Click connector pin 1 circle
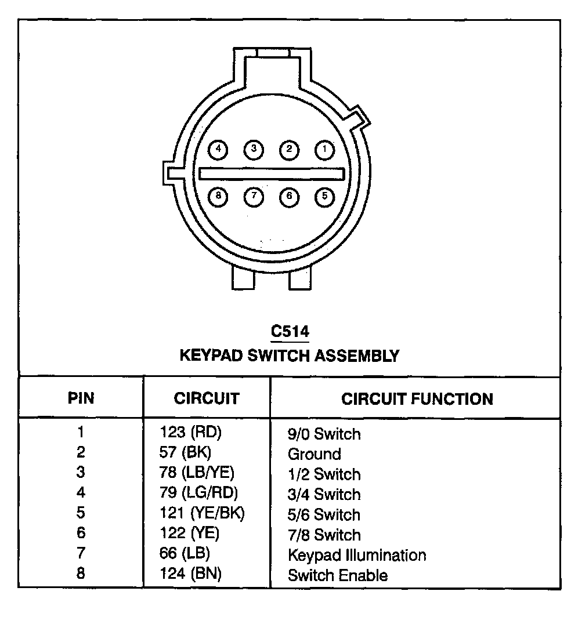pos(324,150)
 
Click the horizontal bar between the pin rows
pos(272,173)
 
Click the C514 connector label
pos(290,332)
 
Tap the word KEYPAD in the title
pos(211,355)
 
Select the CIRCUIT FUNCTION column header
pos(417,399)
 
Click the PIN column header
pos(81,399)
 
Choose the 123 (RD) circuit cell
pos(191,432)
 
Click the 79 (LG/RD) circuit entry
pos(198,493)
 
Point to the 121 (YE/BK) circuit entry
pos(202,513)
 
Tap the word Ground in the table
pos(314,454)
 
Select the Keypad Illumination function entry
pos(356,555)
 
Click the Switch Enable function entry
pos(338,575)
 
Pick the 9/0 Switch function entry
pos(324,434)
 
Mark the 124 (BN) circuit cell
pos(191,574)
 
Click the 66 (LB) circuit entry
pos(185,554)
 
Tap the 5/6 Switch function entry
pos(324,514)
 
